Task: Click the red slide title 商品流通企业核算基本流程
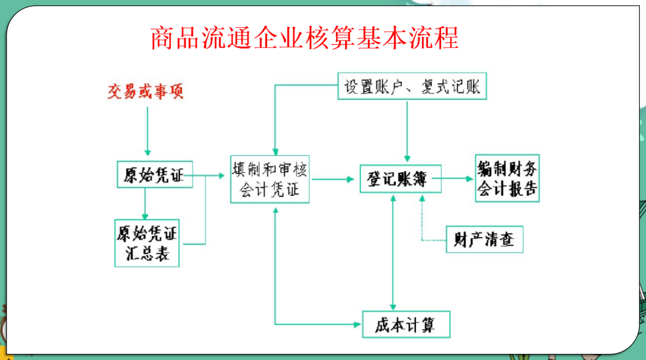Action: click(x=305, y=38)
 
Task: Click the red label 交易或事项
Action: click(x=145, y=92)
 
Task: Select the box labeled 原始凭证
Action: click(x=154, y=175)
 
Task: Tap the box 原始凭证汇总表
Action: click(x=147, y=243)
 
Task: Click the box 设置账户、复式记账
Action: click(x=412, y=86)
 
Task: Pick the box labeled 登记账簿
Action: click(x=401, y=178)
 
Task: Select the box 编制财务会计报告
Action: click(x=507, y=178)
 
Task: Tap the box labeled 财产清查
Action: click(x=484, y=239)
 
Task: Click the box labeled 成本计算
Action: click(x=406, y=324)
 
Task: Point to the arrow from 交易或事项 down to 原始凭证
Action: click(x=148, y=131)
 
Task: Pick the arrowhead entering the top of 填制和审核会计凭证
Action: click(x=275, y=150)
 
